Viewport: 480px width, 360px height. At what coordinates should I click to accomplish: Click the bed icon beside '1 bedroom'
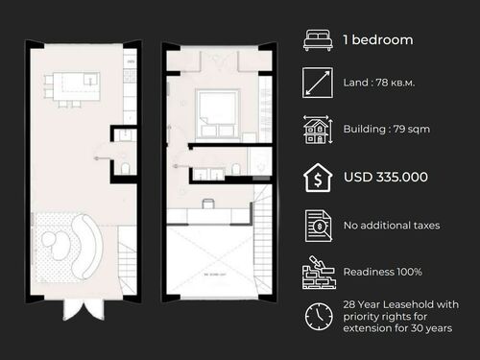click(x=316, y=40)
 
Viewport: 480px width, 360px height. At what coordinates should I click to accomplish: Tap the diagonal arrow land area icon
click(x=316, y=84)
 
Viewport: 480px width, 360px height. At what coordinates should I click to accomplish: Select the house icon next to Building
click(x=316, y=131)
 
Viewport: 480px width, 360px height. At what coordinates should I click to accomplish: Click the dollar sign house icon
click(x=316, y=178)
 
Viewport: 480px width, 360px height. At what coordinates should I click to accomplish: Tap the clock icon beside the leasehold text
click(x=316, y=316)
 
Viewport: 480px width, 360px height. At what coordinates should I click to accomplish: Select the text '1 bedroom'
click(x=378, y=40)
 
